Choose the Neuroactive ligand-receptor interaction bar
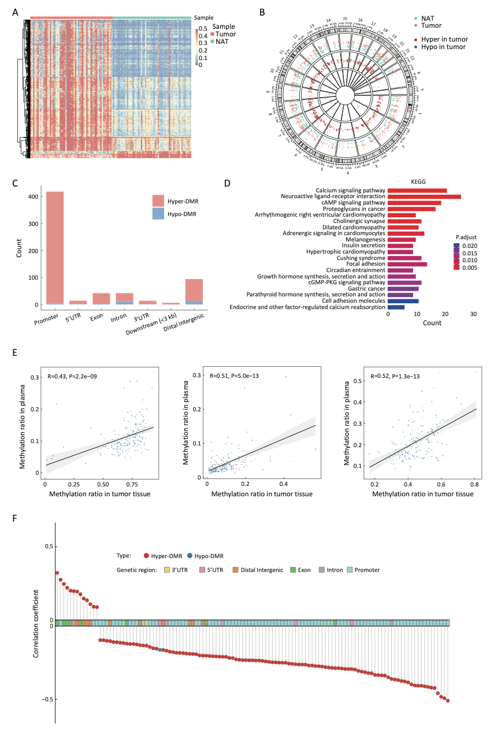pyautogui.click(x=424, y=197)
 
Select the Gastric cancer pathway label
pyautogui.click(x=366, y=288)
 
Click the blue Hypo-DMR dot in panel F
pyautogui.click(x=160, y=650)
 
